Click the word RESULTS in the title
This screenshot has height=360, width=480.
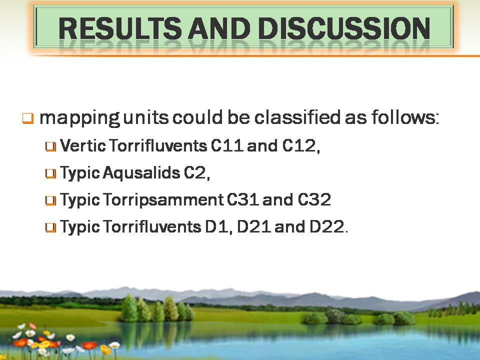pyautogui.click(x=120, y=28)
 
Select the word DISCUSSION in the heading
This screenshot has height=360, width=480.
pyautogui.click(x=344, y=28)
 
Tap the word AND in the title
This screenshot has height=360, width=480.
pyautogui.click(x=219, y=28)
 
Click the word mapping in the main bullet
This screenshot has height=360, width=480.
pyautogui.click(x=79, y=118)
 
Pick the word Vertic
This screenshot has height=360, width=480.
pyautogui.click(x=83, y=145)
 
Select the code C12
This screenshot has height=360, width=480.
pyautogui.click(x=299, y=145)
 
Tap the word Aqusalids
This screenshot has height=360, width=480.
pyautogui.click(x=141, y=173)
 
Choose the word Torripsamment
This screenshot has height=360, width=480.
pyautogui.click(x=163, y=200)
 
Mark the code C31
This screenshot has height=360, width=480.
pyautogui.click(x=243, y=199)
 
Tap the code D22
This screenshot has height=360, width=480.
pyautogui.click(x=326, y=227)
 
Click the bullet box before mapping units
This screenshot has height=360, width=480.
pyautogui.click(x=27, y=118)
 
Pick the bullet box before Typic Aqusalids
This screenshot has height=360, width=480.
pyautogui.click(x=50, y=173)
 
